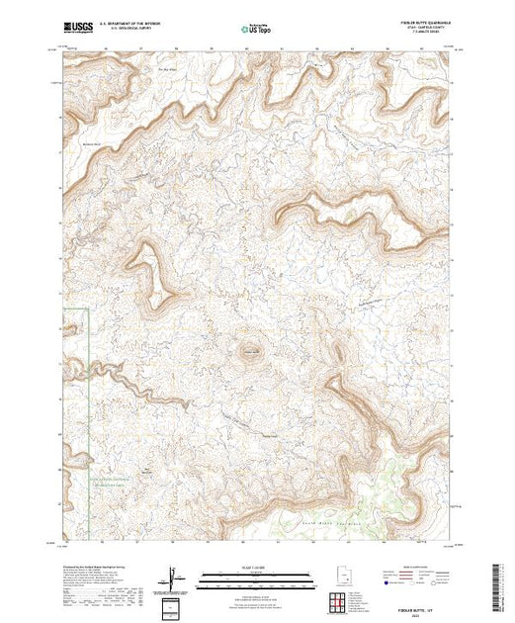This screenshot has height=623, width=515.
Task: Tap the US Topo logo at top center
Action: point(257,30)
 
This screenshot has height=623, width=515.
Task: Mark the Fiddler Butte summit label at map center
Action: point(251,347)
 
